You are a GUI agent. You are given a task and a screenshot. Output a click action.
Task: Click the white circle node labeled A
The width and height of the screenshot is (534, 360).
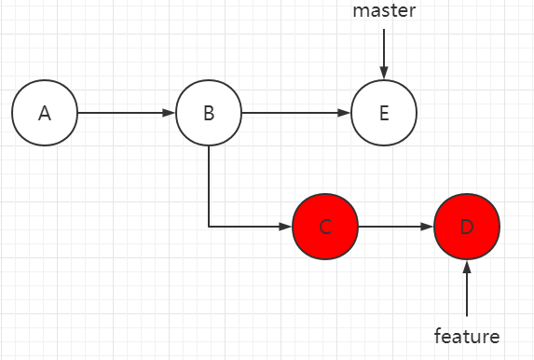[45, 113]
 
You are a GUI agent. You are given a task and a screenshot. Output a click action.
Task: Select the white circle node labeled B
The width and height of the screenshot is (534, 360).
[209, 113]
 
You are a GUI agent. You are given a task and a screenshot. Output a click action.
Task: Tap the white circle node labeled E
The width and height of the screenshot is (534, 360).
[384, 113]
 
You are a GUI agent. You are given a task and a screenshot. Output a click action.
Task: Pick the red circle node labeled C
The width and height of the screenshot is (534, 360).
[325, 227]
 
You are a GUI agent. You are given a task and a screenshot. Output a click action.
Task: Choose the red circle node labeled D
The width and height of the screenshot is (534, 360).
[467, 227]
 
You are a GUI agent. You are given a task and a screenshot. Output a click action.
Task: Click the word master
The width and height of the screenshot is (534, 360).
[383, 11]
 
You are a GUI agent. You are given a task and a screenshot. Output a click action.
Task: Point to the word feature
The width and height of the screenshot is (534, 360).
[467, 336]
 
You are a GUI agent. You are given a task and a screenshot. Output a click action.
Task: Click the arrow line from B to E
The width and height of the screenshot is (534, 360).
[294, 113]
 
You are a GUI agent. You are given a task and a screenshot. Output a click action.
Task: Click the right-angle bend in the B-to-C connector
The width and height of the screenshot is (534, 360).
[209, 227]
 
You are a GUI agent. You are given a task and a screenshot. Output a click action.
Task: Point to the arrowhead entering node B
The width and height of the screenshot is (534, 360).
[170, 113]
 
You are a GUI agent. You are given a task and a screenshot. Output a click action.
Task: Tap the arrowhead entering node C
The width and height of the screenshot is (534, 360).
[286, 227]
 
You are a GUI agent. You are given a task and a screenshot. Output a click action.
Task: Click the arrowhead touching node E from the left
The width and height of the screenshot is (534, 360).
[345, 113]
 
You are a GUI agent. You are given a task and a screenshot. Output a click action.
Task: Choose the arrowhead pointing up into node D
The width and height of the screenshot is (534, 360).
[467, 267]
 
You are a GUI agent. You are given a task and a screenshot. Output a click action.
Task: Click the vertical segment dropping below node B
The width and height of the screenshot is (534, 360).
[209, 187]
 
